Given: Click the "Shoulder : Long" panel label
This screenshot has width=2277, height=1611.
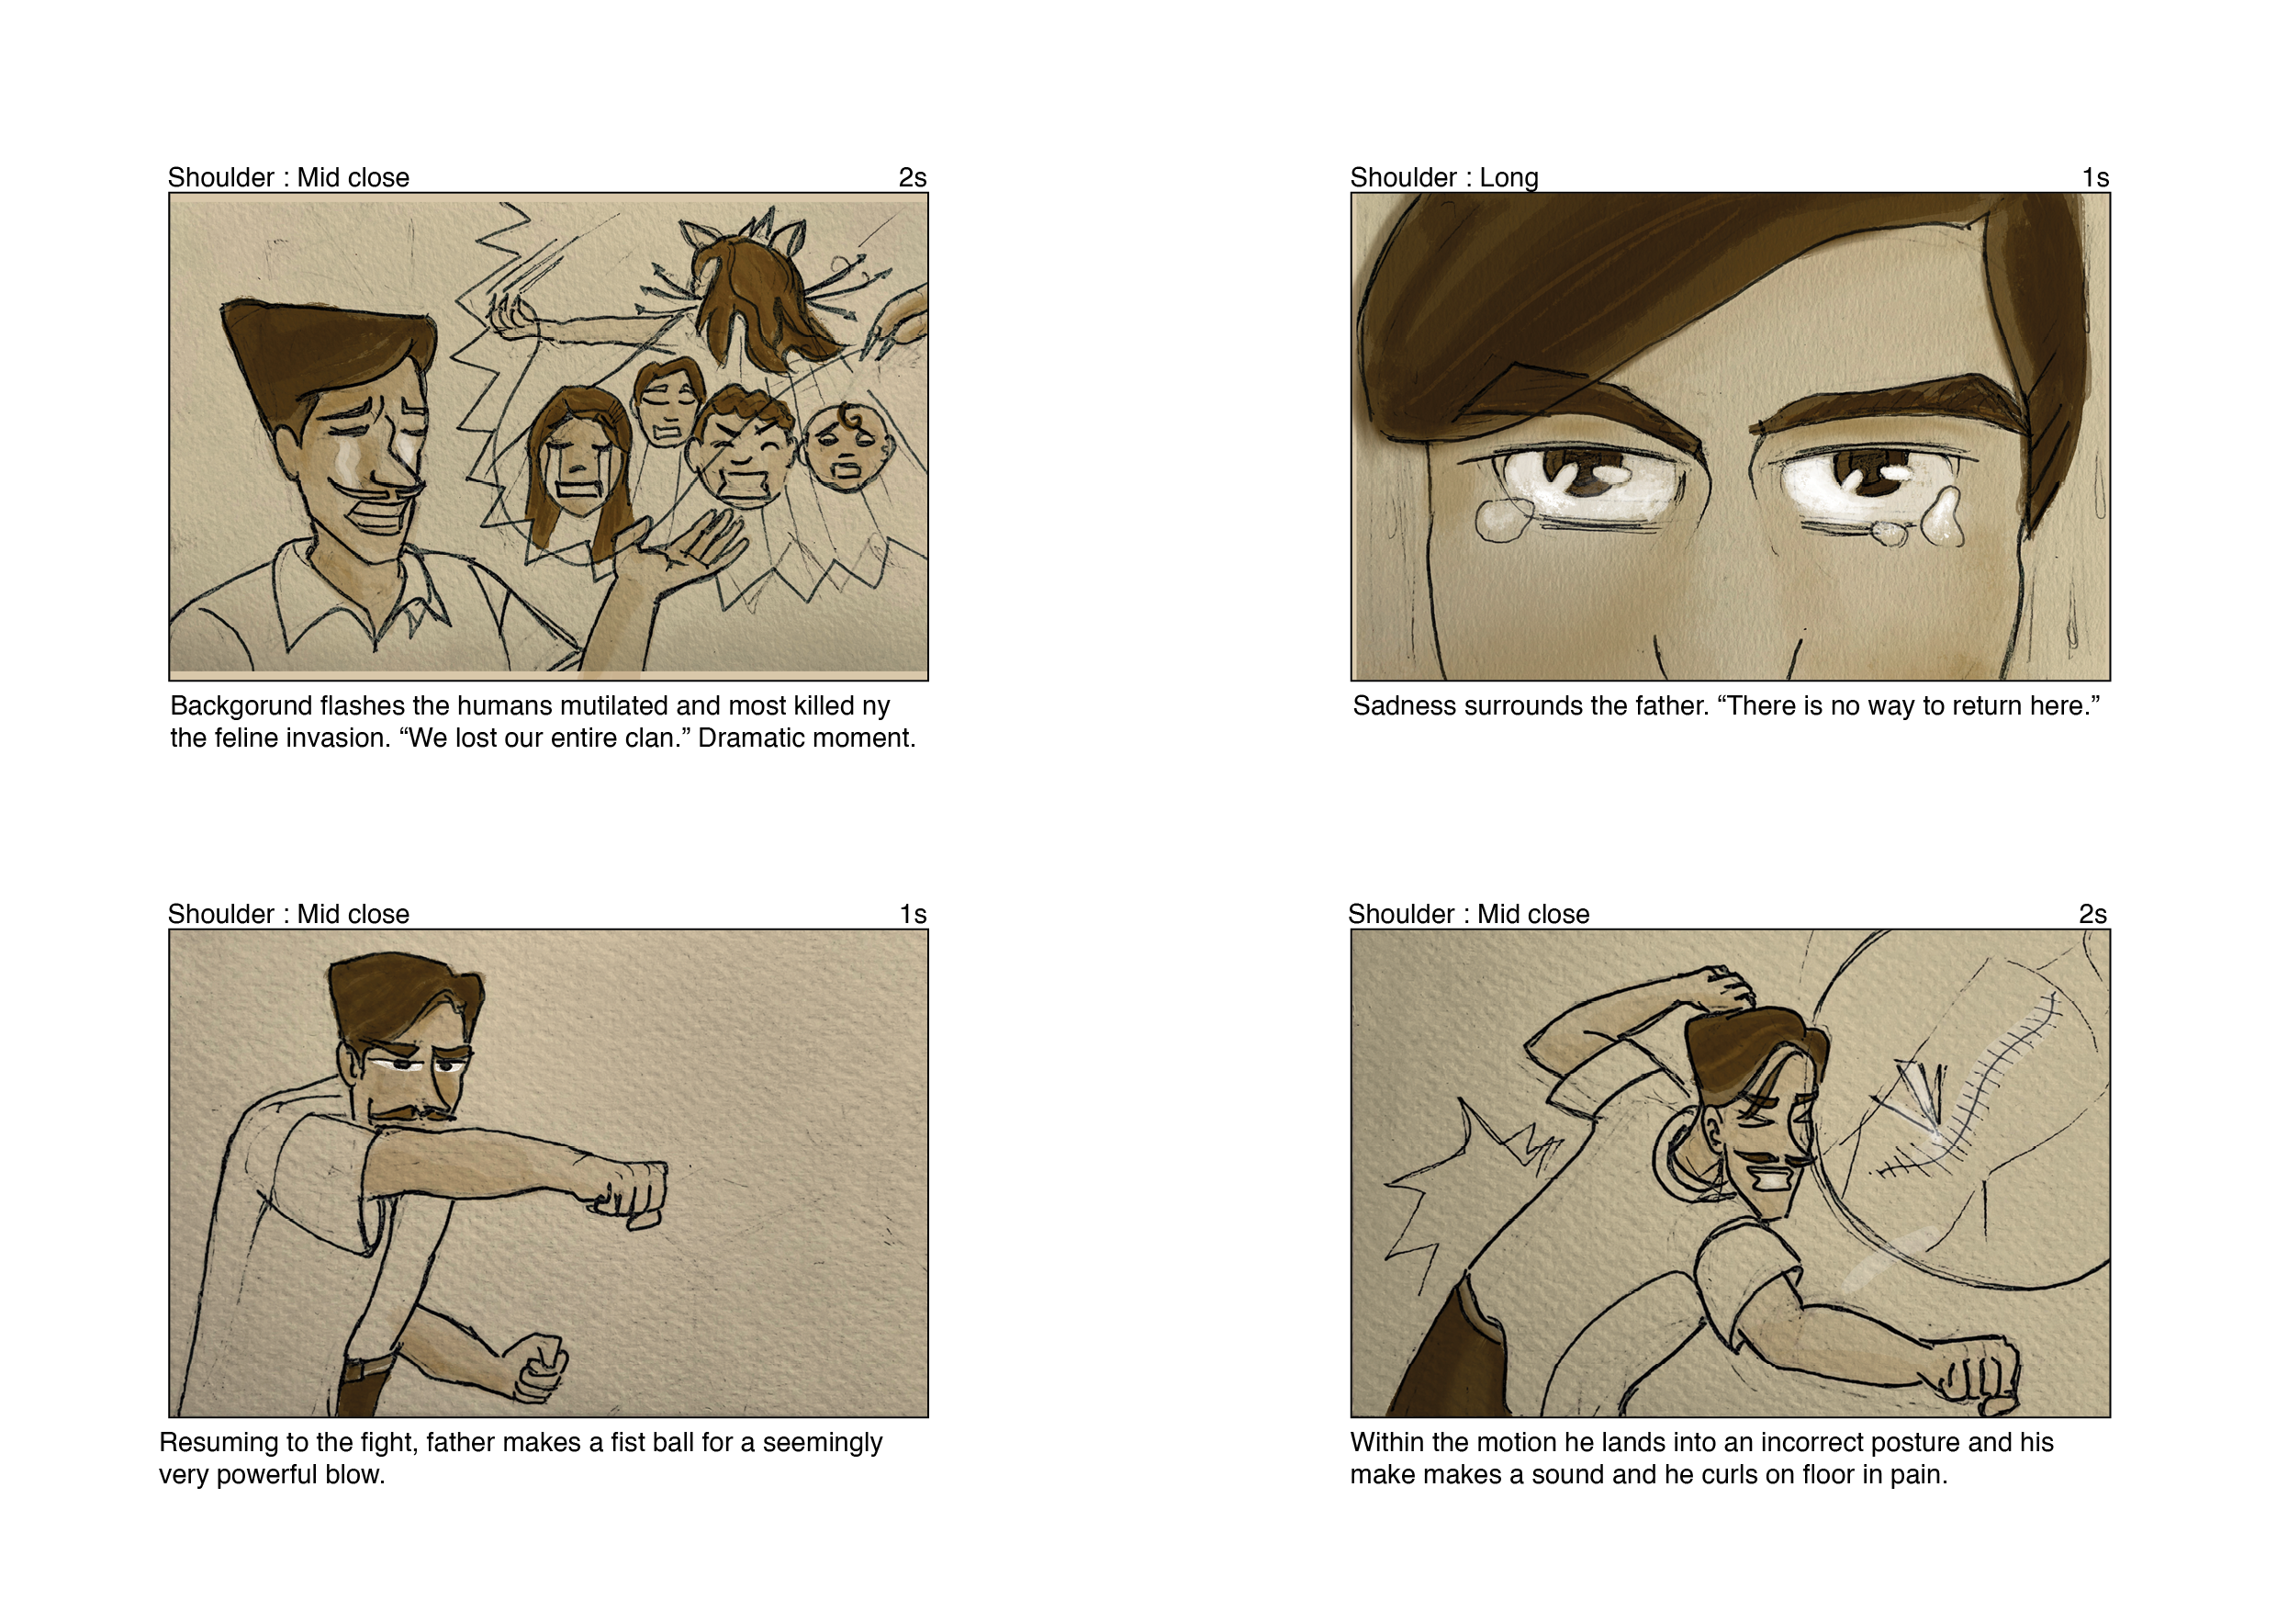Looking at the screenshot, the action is coord(1444,177).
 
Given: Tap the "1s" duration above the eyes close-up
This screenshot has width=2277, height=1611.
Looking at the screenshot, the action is coord(2094,177).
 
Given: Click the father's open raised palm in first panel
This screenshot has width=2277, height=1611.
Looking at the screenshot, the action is coord(684,548).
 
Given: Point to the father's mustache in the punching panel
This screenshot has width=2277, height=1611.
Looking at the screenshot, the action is coord(411,1112).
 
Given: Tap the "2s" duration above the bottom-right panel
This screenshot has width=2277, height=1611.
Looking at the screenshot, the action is coord(2092,914).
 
